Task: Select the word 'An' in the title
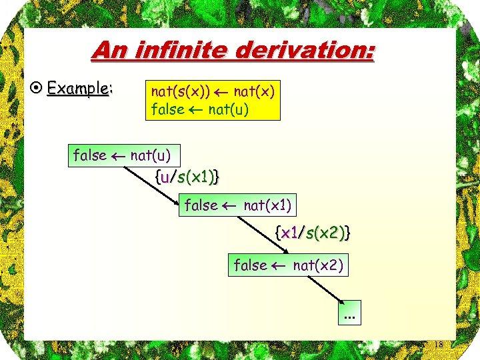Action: [108, 50]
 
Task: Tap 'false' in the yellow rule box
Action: [168, 108]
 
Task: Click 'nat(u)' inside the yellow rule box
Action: [229, 108]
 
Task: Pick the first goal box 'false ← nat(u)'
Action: [123, 156]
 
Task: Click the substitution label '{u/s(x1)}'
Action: [188, 177]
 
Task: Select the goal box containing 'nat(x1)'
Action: [238, 205]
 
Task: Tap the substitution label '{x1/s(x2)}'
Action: [313, 233]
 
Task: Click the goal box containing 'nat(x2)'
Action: [289, 265]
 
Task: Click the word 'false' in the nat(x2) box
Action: [251, 265]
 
